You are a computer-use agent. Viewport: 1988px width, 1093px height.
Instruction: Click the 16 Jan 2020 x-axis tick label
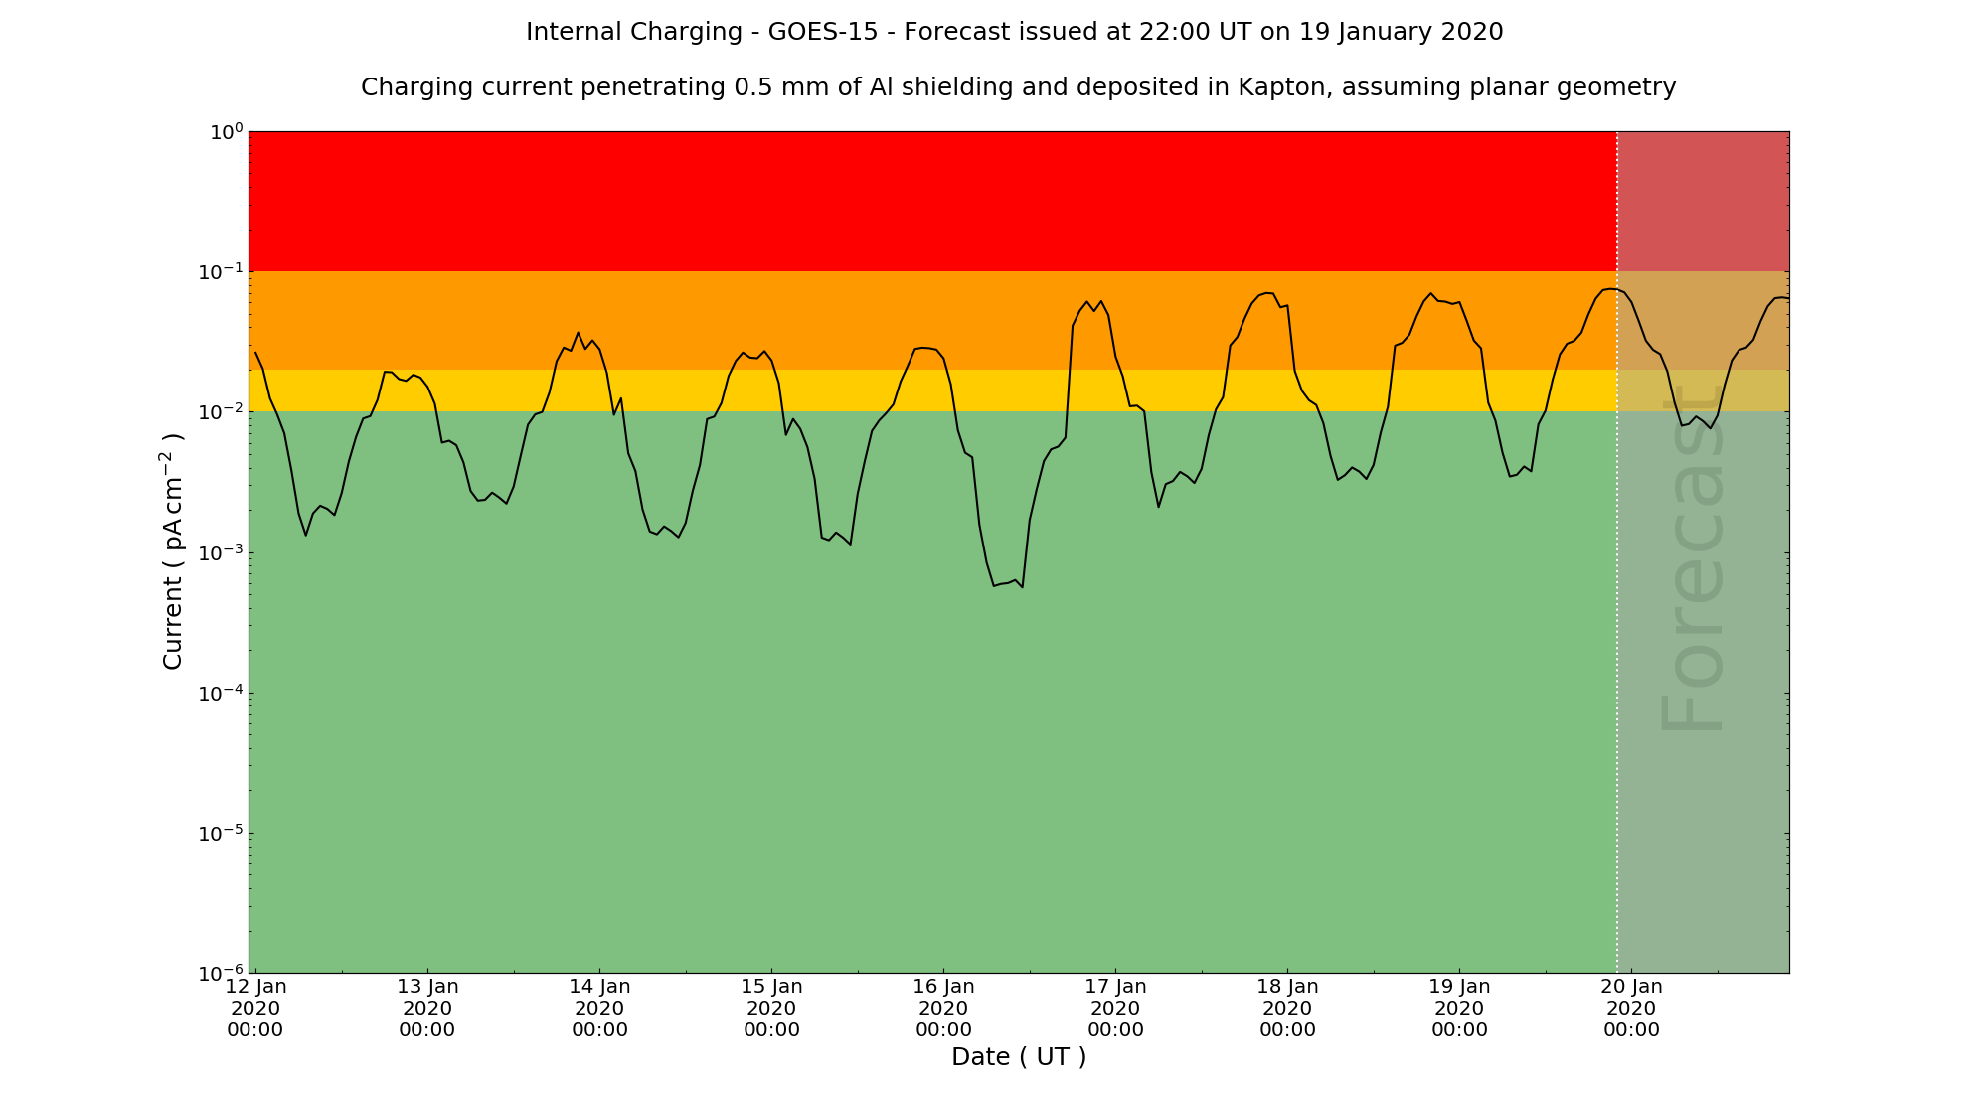coord(943,1008)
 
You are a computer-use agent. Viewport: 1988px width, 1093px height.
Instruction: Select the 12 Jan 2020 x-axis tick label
coord(255,1008)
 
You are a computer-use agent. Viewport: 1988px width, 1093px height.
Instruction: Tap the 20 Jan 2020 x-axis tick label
coord(1631,1008)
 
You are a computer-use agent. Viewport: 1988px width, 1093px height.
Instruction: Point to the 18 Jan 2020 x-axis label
coord(1287,1008)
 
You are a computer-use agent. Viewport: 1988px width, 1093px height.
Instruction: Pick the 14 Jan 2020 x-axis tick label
coord(599,1008)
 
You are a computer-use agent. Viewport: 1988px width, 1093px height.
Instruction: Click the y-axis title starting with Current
coord(173,551)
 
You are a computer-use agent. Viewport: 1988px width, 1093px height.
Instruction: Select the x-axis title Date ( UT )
coord(1019,1057)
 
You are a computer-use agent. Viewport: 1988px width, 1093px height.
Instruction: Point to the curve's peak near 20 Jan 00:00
coord(1610,289)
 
